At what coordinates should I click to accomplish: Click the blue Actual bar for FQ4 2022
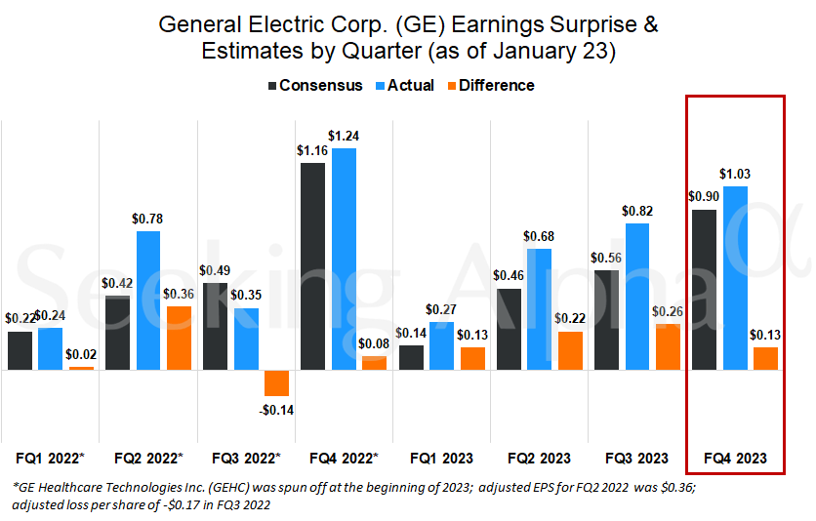(344, 259)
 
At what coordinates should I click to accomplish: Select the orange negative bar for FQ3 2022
(276, 382)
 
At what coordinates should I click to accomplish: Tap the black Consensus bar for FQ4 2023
(704, 290)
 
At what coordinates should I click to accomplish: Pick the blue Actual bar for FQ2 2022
(148, 301)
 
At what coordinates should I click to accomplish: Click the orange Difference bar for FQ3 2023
(668, 346)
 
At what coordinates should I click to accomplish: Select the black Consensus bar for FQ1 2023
(411, 357)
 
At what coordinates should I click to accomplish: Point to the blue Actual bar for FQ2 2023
(539, 309)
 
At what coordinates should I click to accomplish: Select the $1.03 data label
(735, 174)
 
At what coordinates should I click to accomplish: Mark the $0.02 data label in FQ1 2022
(82, 355)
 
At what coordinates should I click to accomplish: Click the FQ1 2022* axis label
(51, 458)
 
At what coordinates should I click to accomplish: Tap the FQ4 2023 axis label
(735, 458)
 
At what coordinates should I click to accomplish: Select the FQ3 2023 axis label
(636, 458)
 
